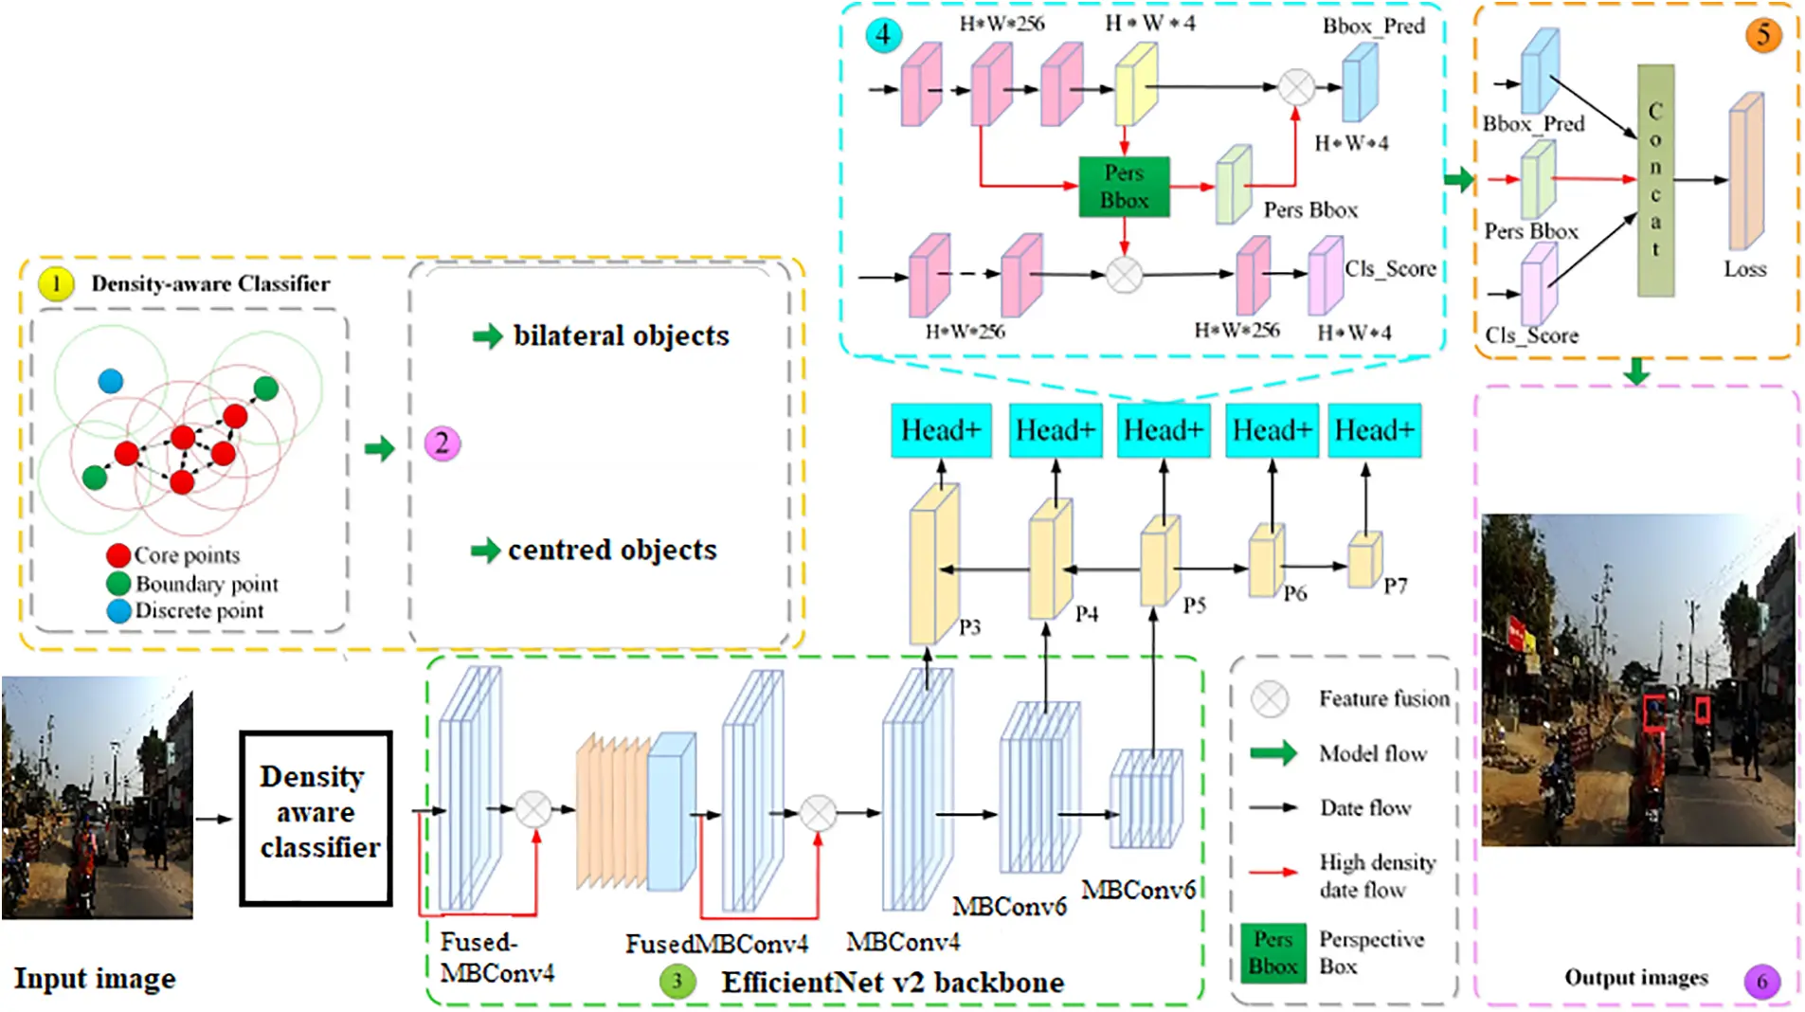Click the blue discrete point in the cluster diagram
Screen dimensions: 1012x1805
click(x=111, y=381)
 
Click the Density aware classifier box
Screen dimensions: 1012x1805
click(x=316, y=817)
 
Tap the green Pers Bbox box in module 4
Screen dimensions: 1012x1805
click(x=1124, y=187)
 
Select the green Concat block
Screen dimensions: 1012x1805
click(x=1655, y=180)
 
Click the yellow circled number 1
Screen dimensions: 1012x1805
click(x=56, y=283)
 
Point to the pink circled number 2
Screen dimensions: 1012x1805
click(x=442, y=443)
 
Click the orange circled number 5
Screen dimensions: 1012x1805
click(x=1762, y=35)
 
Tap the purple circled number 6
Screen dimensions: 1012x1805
click(x=1761, y=981)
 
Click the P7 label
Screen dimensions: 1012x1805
click(x=1395, y=587)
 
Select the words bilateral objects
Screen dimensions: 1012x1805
click(x=621, y=335)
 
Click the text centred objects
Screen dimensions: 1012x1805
click(x=612, y=550)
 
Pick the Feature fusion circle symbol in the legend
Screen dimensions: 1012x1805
click(x=1270, y=699)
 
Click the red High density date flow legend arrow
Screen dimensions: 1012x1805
click(x=1273, y=872)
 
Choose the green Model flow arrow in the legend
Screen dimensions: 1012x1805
click(x=1273, y=753)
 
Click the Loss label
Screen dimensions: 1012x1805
click(x=1744, y=269)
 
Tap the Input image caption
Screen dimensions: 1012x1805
click(x=95, y=978)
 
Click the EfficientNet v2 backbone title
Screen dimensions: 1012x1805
click(x=892, y=983)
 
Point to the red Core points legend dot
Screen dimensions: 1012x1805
click(x=118, y=555)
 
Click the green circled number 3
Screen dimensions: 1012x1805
click(x=677, y=981)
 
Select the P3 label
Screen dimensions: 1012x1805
click(x=969, y=627)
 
